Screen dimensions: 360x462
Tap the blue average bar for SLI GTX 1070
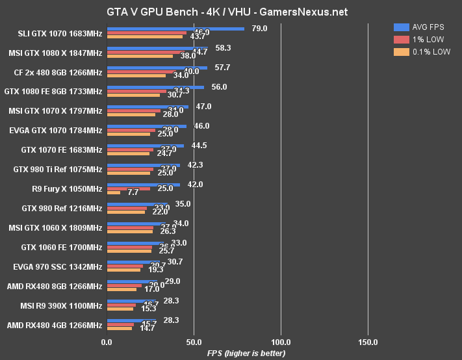(175, 29)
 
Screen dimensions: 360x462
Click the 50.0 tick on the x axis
(194, 341)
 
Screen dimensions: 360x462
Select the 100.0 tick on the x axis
(281, 341)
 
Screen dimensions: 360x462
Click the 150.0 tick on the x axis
(368, 341)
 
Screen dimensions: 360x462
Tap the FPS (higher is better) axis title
(238, 353)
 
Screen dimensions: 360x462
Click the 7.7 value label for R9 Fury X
(133, 192)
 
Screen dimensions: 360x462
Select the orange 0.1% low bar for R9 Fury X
(114, 193)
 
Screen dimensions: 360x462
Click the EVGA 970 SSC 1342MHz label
(57, 267)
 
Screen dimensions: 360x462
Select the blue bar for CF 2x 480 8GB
(157, 68)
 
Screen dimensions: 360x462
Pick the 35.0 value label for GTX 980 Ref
(182, 203)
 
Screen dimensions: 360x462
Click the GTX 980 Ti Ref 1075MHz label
(57, 170)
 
